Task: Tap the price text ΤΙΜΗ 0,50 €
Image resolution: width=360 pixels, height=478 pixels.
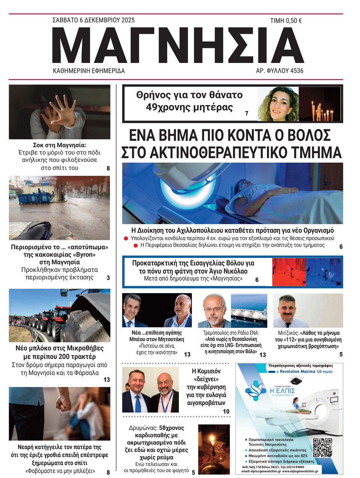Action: point(286,21)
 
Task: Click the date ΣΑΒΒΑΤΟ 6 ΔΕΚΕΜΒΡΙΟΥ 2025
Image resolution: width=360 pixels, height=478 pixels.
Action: point(93,20)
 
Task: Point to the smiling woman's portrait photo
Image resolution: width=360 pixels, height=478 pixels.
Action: point(278,104)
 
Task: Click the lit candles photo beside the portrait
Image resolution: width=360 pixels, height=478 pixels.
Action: point(319,104)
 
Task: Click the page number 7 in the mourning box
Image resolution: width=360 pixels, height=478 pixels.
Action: point(247,113)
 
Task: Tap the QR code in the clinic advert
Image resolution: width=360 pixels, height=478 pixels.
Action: point(322,447)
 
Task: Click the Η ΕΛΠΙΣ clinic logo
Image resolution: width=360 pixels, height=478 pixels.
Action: point(270,390)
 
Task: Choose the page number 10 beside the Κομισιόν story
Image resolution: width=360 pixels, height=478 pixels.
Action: point(226,411)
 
